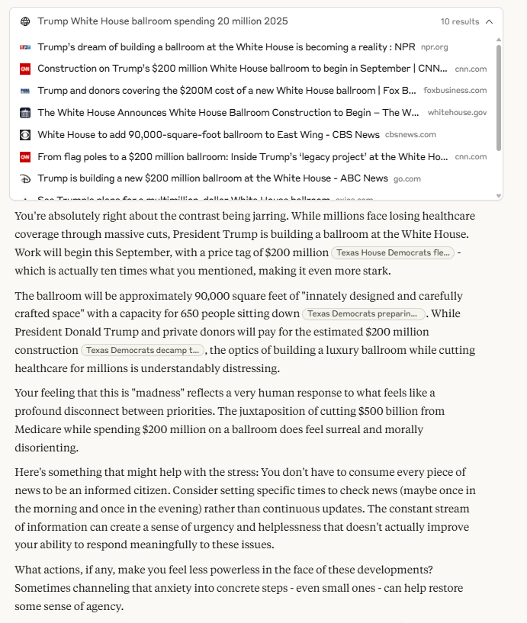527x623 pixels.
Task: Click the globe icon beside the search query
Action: pos(25,21)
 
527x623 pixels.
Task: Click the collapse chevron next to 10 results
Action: pos(489,21)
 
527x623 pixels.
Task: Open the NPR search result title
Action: pos(226,47)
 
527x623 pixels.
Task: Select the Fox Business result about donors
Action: pos(227,90)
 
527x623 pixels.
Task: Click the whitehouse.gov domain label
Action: pos(457,112)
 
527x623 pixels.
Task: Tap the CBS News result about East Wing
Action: pos(208,134)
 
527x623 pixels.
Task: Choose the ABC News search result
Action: pos(212,178)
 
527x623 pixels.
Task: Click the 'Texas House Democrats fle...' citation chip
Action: pos(393,252)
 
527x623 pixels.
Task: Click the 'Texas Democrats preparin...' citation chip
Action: pos(364,313)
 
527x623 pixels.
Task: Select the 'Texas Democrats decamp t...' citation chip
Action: pos(143,350)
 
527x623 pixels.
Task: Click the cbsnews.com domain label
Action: pos(410,135)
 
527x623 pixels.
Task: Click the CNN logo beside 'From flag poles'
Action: pos(25,156)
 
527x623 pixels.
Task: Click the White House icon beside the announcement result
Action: pos(25,113)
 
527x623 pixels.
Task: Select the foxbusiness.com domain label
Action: pos(455,91)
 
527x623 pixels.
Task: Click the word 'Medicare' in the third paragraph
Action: pos(40,429)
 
